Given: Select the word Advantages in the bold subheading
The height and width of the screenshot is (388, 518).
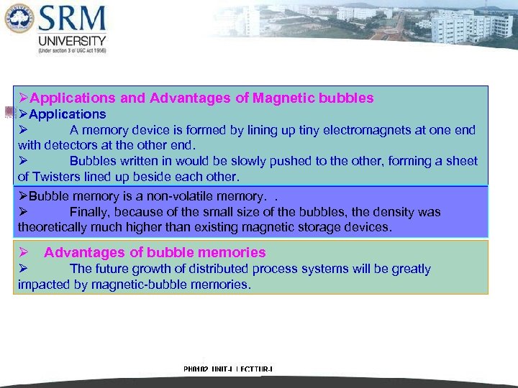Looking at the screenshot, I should click(85, 252).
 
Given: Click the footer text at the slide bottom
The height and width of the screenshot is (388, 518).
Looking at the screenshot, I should click(228, 369).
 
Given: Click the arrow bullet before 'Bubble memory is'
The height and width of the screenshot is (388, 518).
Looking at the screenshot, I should click(23, 196).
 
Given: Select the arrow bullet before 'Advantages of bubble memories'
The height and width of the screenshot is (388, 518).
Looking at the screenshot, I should click(23, 252).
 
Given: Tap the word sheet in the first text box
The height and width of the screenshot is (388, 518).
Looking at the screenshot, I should click(461, 161).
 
